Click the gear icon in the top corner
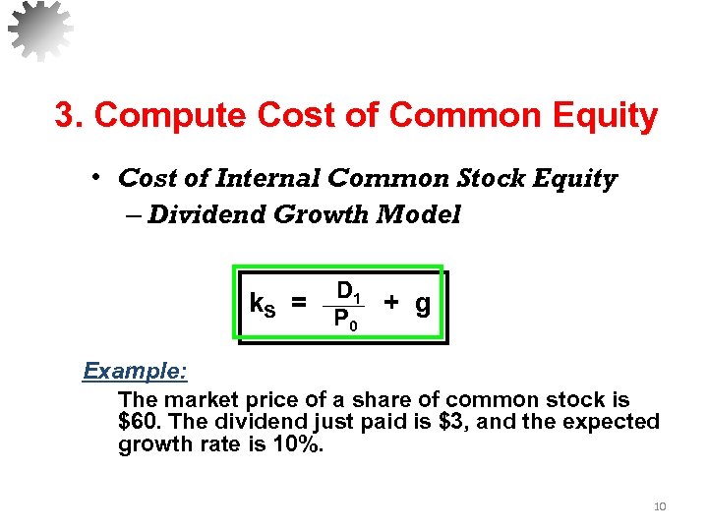[x=40, y=30]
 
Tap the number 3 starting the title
[x=65, y=116]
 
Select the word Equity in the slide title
[x=609, y=116]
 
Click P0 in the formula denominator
[x=345, y=320]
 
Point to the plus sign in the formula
[x=391, y=303]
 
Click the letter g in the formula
[x=422, y=305]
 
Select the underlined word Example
[x=136, y=372]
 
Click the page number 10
[x=659, y=506]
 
